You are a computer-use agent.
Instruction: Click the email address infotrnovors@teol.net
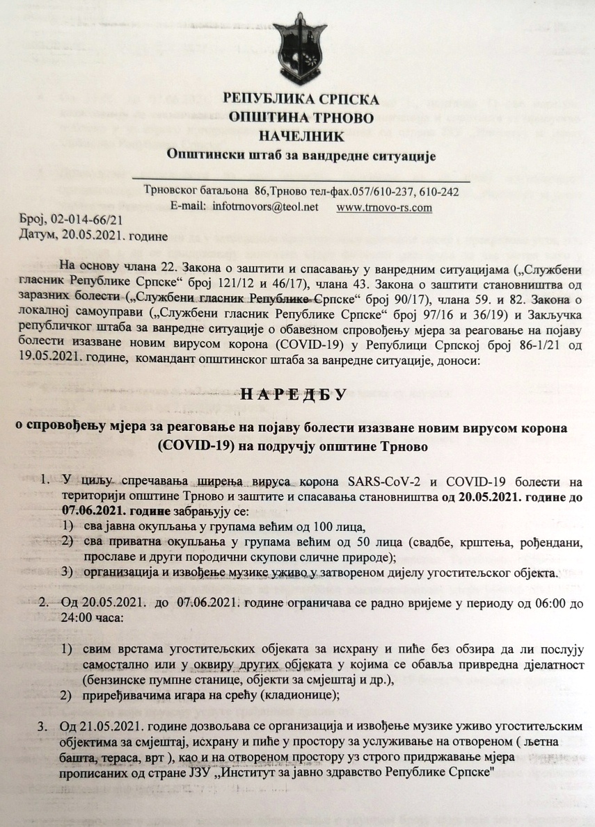click(x=266, y=207)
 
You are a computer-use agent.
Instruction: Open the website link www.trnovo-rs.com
click(x=383, y=207)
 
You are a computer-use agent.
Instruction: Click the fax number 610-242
click(x=437, y=192)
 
